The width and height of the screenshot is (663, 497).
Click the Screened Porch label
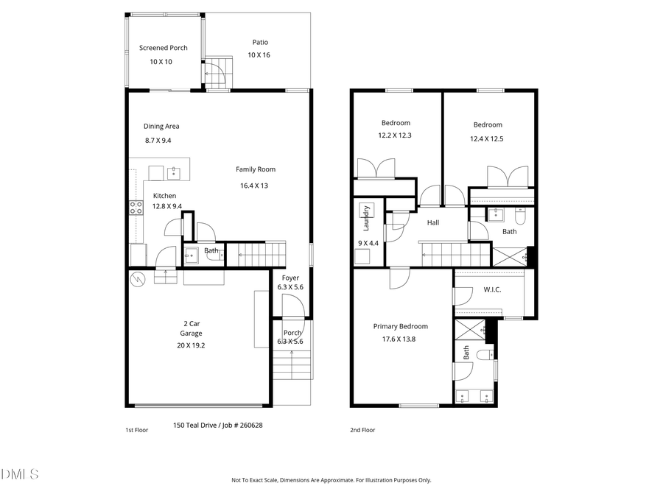pos(163,48)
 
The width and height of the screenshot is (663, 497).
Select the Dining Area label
pos(161,126)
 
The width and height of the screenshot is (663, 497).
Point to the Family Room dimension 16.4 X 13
pos(254,186)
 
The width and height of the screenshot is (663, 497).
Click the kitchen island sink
pos(174,173)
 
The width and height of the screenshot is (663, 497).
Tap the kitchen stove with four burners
pos(136,208)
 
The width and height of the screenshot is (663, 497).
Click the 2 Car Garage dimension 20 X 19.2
pos(190,345)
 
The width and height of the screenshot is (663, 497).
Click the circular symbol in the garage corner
pos(138,279)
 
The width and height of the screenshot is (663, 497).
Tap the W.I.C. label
pos(492,289)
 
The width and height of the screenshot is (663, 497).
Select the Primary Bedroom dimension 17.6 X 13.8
pos(400,339)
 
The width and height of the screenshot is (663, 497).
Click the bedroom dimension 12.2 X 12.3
pos(395,135)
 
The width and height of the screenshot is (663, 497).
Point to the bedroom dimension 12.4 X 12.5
pos(487,138)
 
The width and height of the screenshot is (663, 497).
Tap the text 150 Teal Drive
pos(195,425)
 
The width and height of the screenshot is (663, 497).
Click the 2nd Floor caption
pos(362,430)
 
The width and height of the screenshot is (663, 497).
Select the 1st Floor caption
pos(136,430)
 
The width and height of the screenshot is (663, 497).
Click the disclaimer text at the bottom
pos(331,480)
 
